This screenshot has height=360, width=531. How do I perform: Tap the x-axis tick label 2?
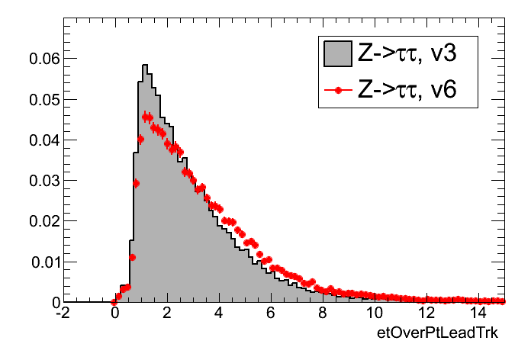pos(166,313)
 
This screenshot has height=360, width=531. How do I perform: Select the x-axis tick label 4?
pos(219,313)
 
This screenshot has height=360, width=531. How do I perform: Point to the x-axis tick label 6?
pos(272,313)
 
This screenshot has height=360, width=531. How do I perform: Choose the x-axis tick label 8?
pos(324,313)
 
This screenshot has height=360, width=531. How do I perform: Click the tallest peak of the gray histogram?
pos(145,66)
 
